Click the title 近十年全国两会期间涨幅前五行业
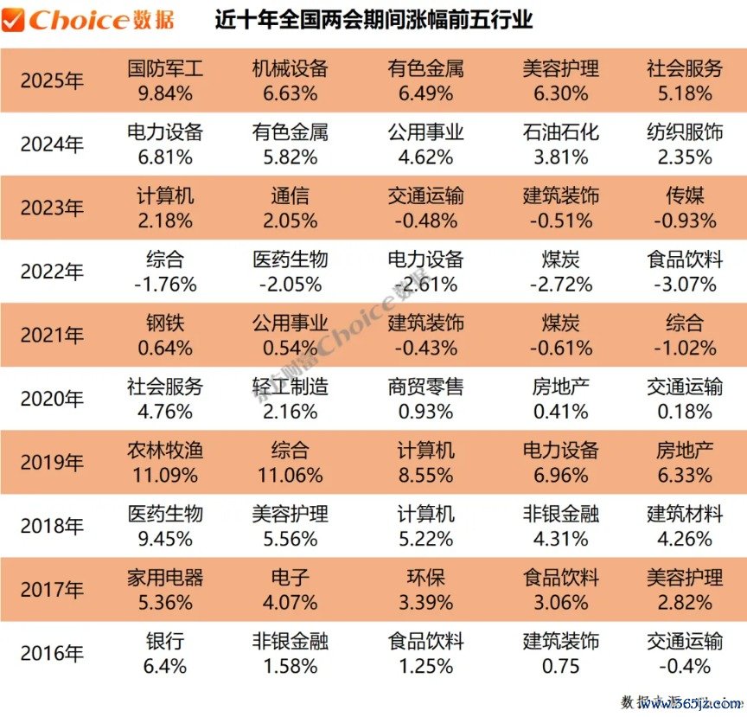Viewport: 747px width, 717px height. click(x=373, y=20)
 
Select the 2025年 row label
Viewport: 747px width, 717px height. click(x=52, y=81)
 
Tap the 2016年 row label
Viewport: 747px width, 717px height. click(x=52, y=654)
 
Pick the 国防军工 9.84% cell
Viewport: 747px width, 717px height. click(x=165, y=81)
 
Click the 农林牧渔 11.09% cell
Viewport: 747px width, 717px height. click(x=165, y=463)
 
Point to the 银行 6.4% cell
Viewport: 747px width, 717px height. click(x=165, y=654)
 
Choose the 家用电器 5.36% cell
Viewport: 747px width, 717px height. click(x=165, y=590)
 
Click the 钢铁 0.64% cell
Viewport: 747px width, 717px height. click(x=165, y=336)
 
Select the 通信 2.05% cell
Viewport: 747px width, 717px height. click(x=290, y=208)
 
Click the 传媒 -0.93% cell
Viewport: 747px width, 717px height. click(x=685, y=208)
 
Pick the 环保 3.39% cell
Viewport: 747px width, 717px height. click(x=425, y=590)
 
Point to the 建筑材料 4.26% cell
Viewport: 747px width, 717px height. click(x=685, y=527)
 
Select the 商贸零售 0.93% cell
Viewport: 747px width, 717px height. click(x=425, y=400)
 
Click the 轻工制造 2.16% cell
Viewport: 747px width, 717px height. click(x=290, y=400)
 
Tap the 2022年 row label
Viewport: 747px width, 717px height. click(x=52, y=272)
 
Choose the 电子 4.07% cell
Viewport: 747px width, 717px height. click(x=290, y=590)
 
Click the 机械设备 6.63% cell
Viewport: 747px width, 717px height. click(x=290, y=81)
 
